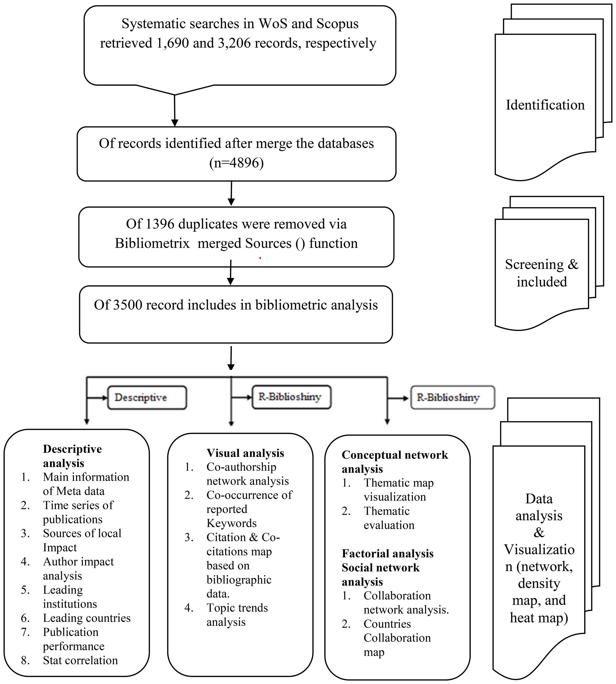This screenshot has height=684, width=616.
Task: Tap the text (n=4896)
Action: [236, 163]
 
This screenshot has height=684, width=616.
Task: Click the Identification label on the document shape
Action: [545, 105]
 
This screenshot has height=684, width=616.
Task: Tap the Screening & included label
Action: [542, 273]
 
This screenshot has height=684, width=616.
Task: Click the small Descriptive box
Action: [147, 397]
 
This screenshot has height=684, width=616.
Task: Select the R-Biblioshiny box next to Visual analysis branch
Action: [291, 397]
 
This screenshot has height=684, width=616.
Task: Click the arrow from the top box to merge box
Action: [175, 112]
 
